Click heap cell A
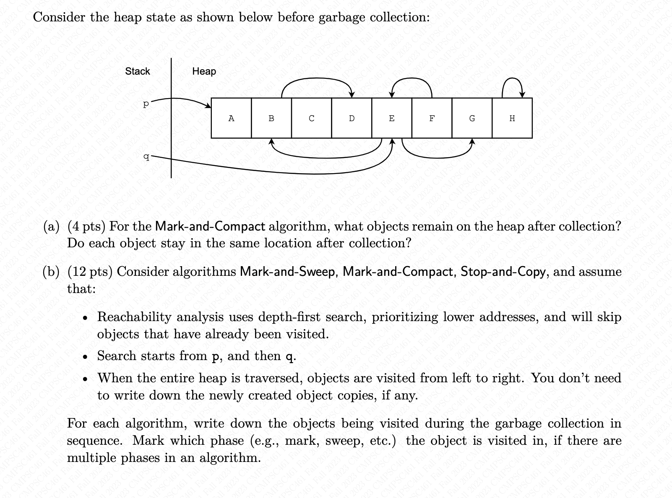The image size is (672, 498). (231, 118)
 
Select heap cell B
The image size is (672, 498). (271, 118)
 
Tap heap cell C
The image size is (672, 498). (311, 118)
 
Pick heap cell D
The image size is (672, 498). (352, 118)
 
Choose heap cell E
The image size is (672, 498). (392, 118)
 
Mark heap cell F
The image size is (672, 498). (432, 118)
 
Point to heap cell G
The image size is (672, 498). (472, 118)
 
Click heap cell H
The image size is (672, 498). (512, 118)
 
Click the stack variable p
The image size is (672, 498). (146, 104)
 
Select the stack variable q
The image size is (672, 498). (146, 157)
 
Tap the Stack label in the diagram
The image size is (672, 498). (137, 71)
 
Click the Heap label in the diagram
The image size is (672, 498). (204, 71)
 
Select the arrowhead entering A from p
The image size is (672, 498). (208, 105)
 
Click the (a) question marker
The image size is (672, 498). (52, 226)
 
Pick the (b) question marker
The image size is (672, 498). (52, 272)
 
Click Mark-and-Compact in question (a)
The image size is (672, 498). (210, 226)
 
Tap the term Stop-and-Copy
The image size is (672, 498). (503, 272)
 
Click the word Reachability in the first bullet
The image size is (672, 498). (134, 317)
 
